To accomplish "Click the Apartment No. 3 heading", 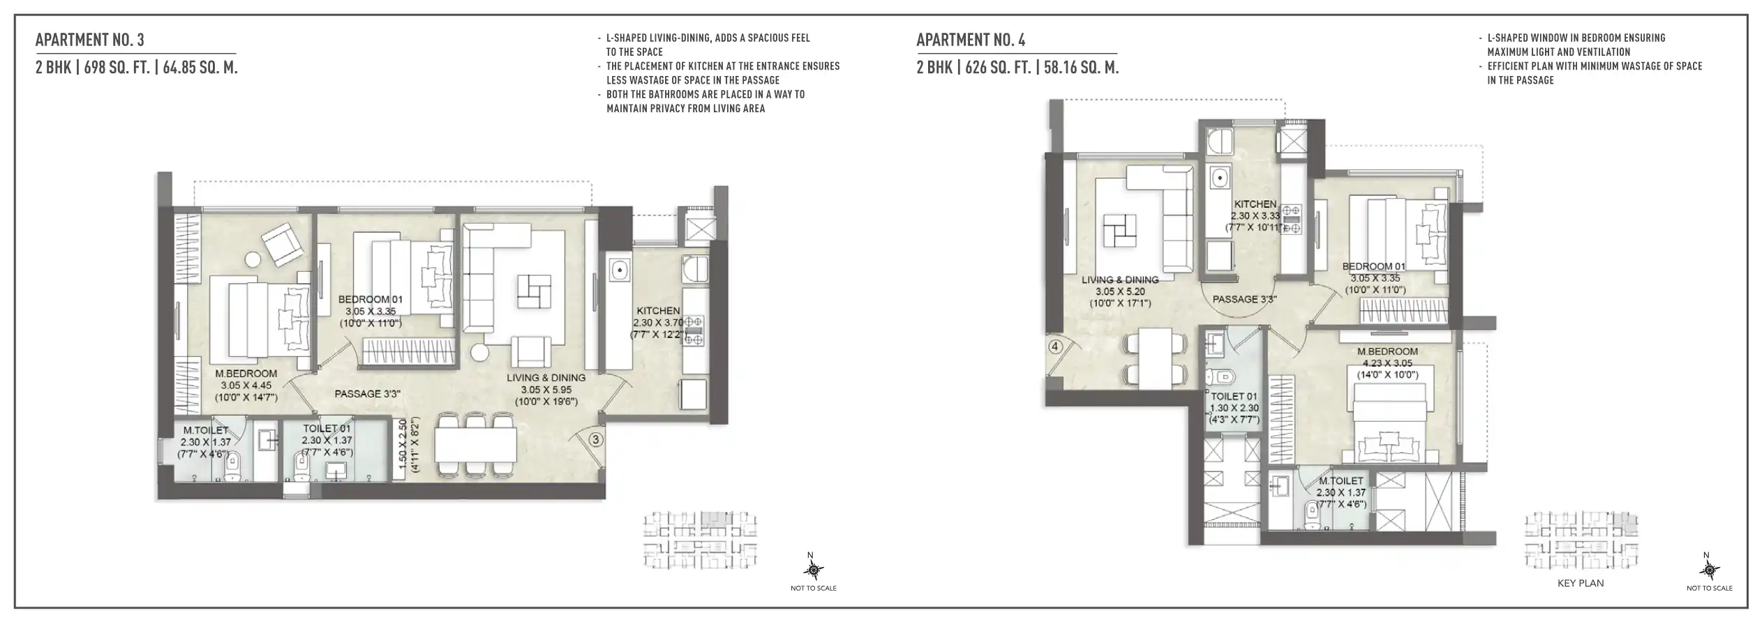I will [90, 40].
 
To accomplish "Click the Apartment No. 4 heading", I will [971, 40].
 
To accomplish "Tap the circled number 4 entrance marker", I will [1055, 347].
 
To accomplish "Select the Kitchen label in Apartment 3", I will [657, 311].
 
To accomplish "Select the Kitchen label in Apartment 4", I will [1255, 204].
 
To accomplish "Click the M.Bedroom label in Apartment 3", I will [246, 374].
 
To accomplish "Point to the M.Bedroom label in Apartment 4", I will [1387, 352].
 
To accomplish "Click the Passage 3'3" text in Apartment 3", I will [367, 394].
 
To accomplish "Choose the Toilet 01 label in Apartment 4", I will [1234, 396].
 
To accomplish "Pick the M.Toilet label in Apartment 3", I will [205, 430].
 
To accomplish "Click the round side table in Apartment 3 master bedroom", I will [253, 260].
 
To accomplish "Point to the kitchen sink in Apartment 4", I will [1219, 178].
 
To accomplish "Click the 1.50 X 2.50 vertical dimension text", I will [402, 446].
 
